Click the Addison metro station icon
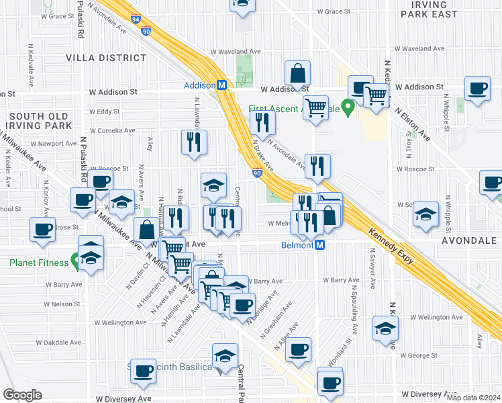coord(221,85)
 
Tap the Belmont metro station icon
coord(320,245)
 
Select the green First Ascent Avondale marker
coord(348,107)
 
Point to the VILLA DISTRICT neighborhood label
coord(97,58)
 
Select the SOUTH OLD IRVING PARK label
coord(38,121)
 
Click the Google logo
coord(22,394)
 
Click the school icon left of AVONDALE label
coord(425,214)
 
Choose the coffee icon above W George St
coord(298,349)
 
